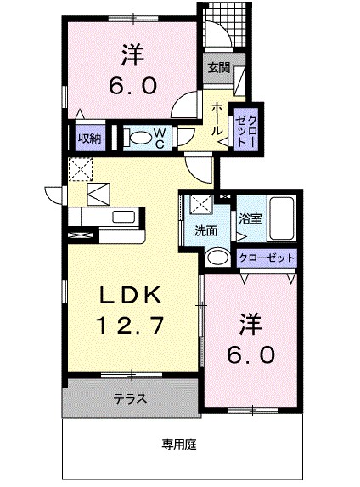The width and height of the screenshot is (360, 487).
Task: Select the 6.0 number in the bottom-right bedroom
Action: [250, 352]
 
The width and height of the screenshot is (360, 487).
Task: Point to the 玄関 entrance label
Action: [218, 68]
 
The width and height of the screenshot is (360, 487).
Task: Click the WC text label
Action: [159, 139]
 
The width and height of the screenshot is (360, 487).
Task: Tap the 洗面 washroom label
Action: [205, 230]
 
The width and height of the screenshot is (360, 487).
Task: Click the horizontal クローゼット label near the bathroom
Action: [267, 256]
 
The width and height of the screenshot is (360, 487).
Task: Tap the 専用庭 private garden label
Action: [179, 443]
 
